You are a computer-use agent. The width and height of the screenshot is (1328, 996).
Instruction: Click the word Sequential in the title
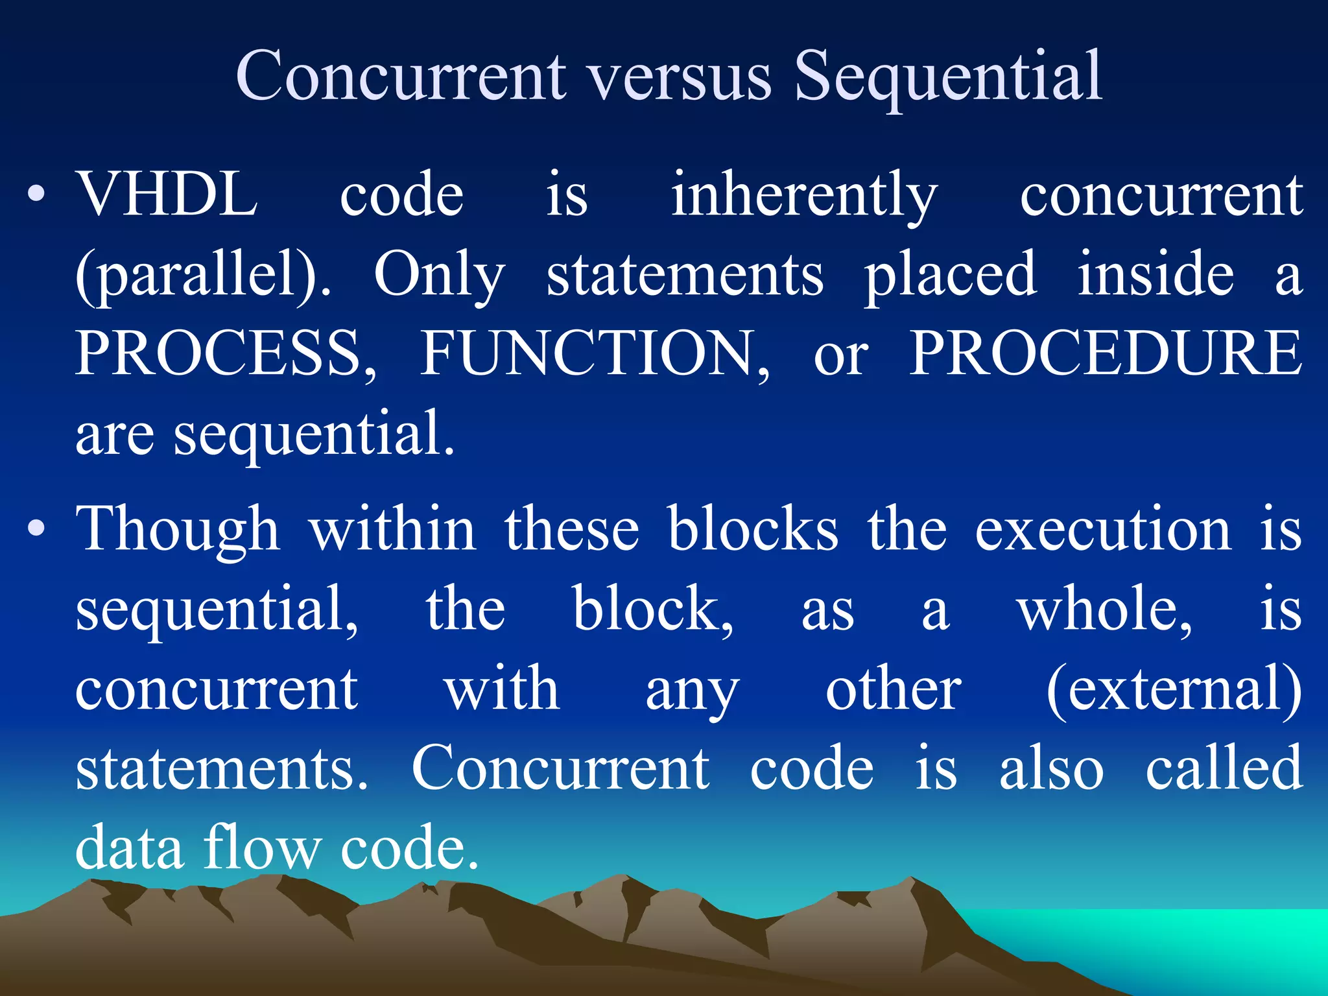click(948, 77)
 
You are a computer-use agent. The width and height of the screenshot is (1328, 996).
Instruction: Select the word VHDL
click(167, 194)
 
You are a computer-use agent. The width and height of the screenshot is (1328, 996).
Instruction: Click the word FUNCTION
click(595, 353)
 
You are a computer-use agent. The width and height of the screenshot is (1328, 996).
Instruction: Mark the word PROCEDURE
click(1105, 353)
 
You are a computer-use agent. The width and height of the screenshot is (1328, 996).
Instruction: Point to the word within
click(393, 528)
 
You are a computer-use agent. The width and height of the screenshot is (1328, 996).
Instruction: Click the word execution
click(1103, 530)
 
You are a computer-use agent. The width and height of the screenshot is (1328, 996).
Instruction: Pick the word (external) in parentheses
click(1174, 689)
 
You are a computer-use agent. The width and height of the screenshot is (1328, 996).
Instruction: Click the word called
click(1224, 768)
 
